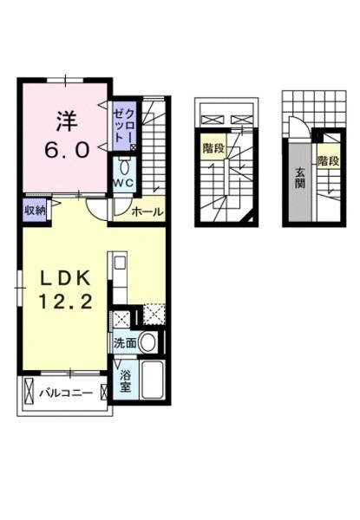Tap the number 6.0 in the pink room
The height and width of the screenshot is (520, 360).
66,148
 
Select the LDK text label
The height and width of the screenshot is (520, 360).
63,279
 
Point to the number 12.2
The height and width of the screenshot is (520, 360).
64,303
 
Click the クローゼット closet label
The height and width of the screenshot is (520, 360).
125,127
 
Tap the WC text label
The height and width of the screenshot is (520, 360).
121,184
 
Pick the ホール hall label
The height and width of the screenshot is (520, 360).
147,210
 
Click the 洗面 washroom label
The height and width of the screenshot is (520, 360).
123,342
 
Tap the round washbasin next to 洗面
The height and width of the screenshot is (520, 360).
148,342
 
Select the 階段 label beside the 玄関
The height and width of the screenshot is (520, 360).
327,160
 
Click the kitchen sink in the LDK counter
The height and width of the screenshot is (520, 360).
120,263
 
